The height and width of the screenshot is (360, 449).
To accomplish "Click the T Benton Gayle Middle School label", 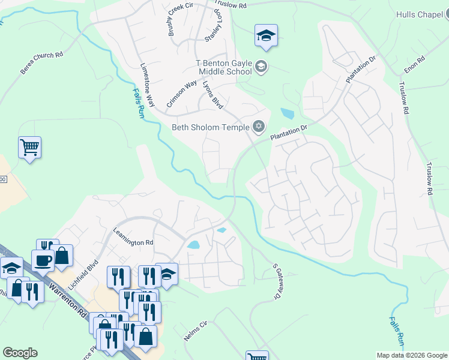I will pos(223,67).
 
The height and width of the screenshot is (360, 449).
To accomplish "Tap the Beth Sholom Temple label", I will pos(211,127).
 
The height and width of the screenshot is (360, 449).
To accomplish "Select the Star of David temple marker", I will pos(259,125).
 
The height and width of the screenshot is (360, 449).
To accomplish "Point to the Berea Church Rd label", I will pos(41,63).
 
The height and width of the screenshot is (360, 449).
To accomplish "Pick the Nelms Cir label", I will pos(195,331).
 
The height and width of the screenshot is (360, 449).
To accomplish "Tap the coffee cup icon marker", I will pos(43,260).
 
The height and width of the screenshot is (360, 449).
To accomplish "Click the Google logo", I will pos(20,353).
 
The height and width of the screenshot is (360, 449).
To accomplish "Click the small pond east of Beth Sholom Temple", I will pos(287,113).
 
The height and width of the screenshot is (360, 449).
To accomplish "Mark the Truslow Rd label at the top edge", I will pos(230,5).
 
